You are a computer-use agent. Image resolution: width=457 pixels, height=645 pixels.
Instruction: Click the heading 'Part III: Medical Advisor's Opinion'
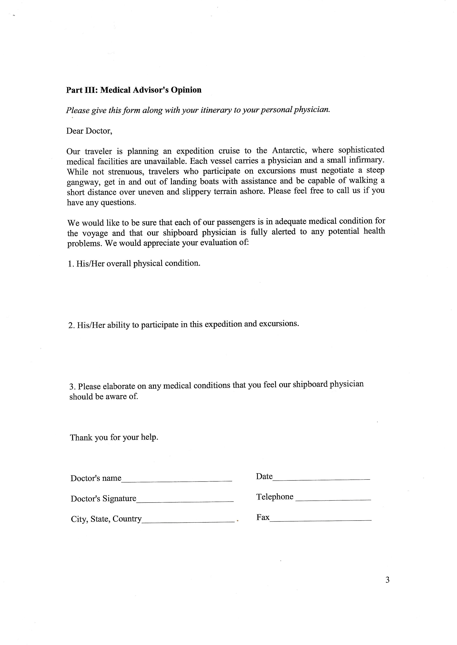[x=134, y=90]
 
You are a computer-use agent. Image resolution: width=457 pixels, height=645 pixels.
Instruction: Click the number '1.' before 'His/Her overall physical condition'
[x=71, y=264]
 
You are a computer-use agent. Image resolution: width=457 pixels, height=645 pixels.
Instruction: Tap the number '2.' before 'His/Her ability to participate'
[x=71, y=325]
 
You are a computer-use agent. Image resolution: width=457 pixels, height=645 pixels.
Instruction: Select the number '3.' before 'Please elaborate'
[x=72, y=387]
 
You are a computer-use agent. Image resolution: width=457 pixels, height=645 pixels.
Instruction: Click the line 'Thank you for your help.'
[x=114, y=438]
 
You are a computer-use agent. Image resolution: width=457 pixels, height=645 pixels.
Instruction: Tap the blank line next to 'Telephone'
[x=334, y=499]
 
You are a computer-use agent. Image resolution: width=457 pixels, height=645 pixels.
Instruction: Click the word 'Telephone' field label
[x=275, y=497]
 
